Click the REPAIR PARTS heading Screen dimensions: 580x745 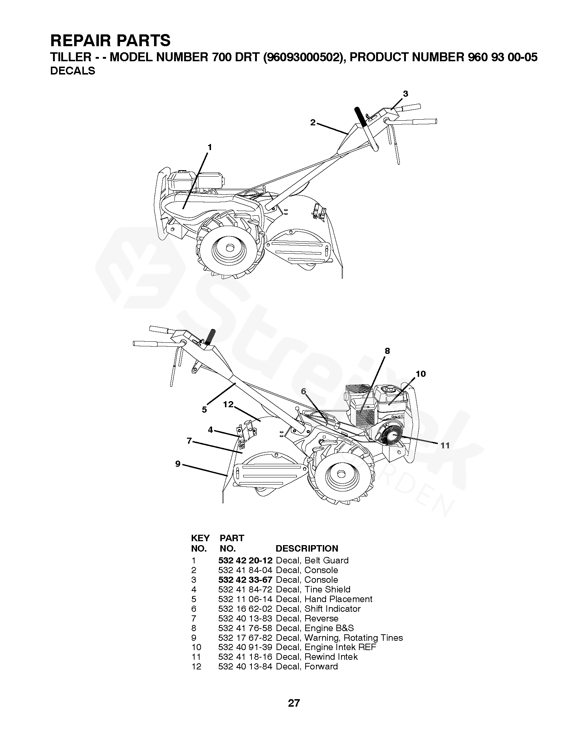click(110, 41)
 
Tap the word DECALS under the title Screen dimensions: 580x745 click(73, 71)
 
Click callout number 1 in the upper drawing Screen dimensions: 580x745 click(210, 147)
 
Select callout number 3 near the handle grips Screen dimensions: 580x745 click(405, 94)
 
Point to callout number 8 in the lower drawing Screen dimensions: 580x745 click(387, 351)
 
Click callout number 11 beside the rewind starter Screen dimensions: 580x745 click(445, 445)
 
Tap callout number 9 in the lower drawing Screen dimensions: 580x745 click(178, 464)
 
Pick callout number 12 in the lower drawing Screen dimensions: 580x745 click(228, 404)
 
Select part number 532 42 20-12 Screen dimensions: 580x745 click(245, 561)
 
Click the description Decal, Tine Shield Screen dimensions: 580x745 click(313, 590)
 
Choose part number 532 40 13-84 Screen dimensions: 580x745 click(245, 667)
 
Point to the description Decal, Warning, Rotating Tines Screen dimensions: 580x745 click(339, 638)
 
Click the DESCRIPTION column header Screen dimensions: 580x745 click(307, 549)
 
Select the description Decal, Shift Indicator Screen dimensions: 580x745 click(318, 609)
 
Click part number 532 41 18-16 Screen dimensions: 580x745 click(245, 657)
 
